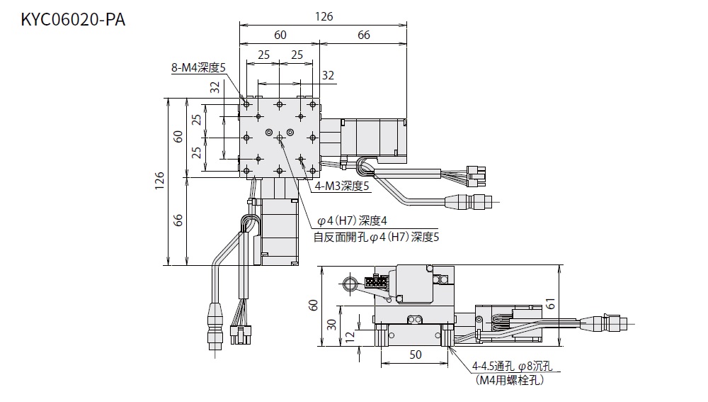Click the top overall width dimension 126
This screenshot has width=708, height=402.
[324, 16]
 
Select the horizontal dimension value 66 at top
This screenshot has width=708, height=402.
[364, 35]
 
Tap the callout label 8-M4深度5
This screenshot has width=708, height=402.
[198, 68]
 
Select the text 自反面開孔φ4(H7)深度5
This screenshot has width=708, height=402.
[376, 237]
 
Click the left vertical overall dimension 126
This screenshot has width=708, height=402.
[160, 182]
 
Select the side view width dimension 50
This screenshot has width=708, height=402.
[415, 354]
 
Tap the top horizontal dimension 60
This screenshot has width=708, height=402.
[280, 35]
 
